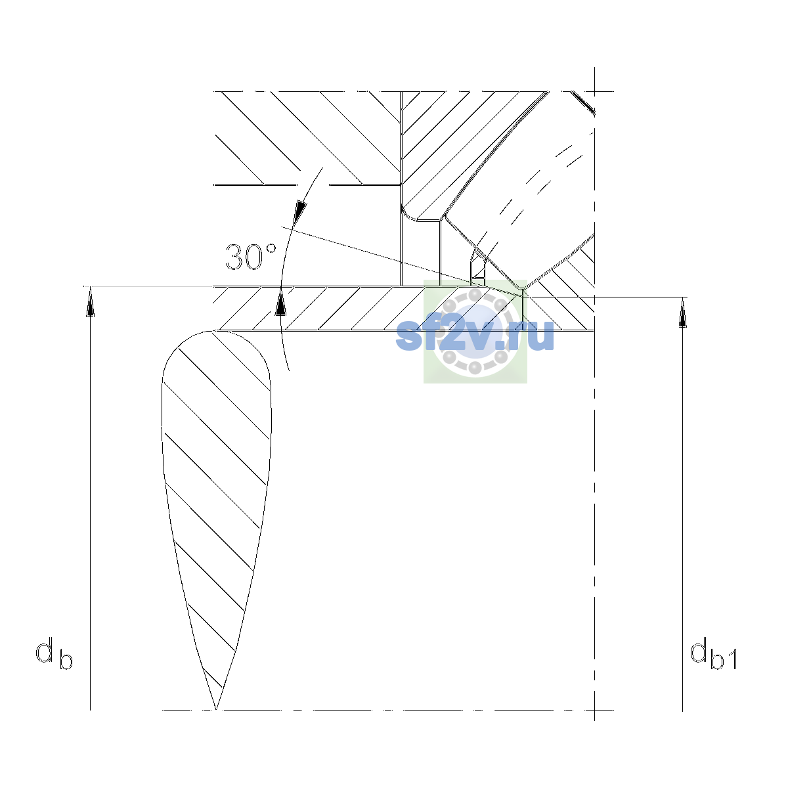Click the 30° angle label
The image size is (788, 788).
click(251, 257)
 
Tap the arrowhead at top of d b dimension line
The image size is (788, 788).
click(91, 301)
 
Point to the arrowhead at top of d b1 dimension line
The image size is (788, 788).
click(682, 312)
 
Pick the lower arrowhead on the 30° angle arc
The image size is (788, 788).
click(280, 301)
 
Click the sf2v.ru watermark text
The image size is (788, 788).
click(475, 334)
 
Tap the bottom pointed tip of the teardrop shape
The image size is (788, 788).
click(215, 709)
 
